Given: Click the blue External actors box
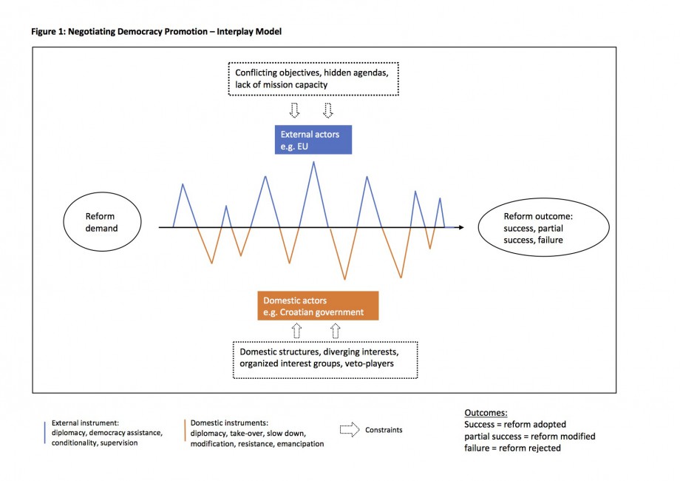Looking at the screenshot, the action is pyautogui.click(x=313, y=140).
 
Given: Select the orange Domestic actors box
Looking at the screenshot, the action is pyautogui.click(x=318, y=306).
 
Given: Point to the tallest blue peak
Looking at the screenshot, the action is pyautogui.click(x=313, y=162).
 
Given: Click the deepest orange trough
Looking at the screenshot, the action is pyautogui.click(x=344, y=279).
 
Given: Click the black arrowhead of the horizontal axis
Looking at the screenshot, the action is pyautogui.click(x=461, y=227).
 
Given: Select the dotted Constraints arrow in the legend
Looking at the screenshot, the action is pyautogui.click(x=350, y=430).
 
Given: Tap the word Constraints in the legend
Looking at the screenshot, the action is pyautogui.click(x=384, y=430).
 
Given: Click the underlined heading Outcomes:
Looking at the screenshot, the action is pyautogui.click(x=486, y=413).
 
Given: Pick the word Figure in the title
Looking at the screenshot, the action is pyautogui.click(x=44, y=32).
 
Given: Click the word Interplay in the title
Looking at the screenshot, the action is pyautogui.click(x=234, y=32).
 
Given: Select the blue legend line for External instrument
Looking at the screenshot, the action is pyautogui.click(x=44, y=433).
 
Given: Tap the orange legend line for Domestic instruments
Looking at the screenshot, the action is pyautogui.click(x=185, y=430).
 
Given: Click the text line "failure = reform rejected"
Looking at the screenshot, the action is pyautogui.click(x=512, y=448).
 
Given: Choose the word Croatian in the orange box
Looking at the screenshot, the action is pyautogui.click(x=297, y=312).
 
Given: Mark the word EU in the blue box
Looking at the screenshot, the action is pyautogui.click(x=303, y=147).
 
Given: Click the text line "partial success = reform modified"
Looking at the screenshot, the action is pyautogui.click(x=529, y=437).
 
